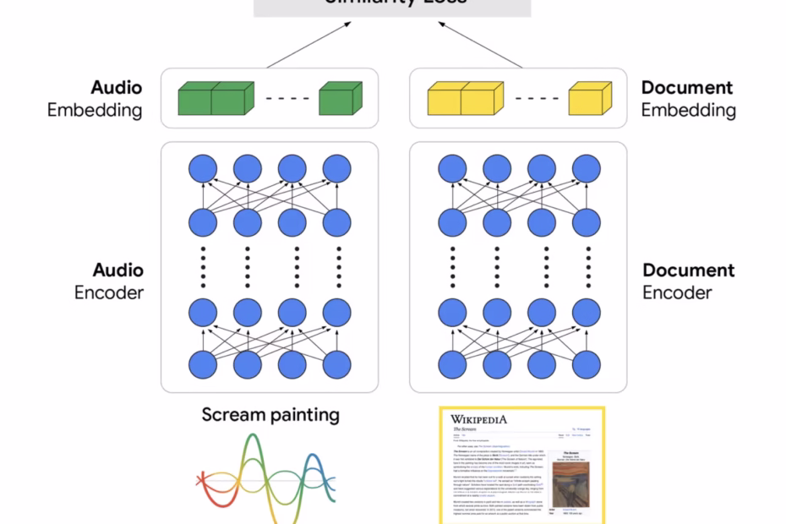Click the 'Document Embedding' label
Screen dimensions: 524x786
click(688, 99)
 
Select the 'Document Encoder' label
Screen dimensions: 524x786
click(688, 281)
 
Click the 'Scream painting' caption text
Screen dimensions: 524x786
click(270, 414)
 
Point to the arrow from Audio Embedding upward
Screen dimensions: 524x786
click(309, 46)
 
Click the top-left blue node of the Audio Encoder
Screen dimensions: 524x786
click(203, 169)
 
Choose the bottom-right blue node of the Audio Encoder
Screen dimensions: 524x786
click(337, 365)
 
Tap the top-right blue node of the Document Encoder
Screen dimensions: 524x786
click(586, 169)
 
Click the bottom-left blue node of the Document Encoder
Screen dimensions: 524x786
click(452, 365)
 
